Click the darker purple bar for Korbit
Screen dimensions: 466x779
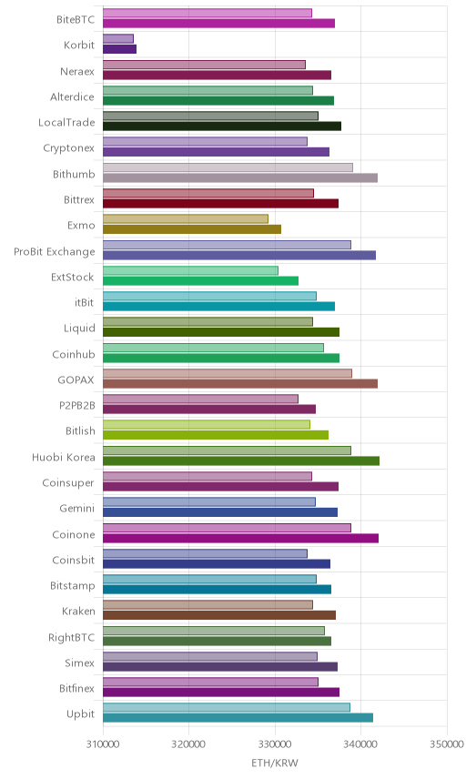tap(120, 49)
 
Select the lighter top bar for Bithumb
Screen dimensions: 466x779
tap(228, 167)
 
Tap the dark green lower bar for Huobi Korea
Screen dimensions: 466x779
tap(241, 461)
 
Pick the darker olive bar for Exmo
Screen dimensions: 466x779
tap(192, 229)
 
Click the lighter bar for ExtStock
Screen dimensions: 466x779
tap(191, 270)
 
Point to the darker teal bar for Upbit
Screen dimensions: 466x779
tap(238, 718)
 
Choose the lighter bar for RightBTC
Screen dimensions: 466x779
tap(214, 631)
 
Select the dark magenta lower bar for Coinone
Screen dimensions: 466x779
tap(241, 538)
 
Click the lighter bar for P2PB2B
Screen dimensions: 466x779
tap(201, 399)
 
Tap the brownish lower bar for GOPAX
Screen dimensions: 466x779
tap(240, 383)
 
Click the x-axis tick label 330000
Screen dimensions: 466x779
tap(275, 744)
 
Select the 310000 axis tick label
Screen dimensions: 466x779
tap(103, 744)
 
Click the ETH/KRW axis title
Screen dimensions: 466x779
tap(275, 764)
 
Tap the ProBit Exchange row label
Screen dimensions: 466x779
tap(54, 251)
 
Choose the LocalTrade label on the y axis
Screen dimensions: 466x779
tap(66, 122)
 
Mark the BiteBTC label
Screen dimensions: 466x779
tap(76, 19)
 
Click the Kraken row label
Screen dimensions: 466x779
tap(78, 611)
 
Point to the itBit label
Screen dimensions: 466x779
tap(85, 302)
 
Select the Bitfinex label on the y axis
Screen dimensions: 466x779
tap(77, 688)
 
